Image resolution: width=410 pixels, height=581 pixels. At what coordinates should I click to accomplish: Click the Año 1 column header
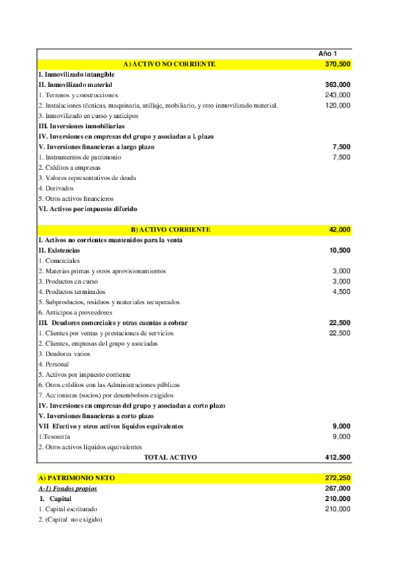pyautogui.click(x=328, y=53)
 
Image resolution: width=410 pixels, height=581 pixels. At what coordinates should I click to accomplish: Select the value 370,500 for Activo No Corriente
pyautogui.click(x=337, y=64)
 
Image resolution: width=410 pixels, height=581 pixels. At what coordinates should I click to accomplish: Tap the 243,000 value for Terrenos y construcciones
pyautogui.click(x=337, y=95)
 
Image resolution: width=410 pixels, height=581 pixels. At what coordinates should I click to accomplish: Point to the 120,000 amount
pyautogui.click(x=337, y=106)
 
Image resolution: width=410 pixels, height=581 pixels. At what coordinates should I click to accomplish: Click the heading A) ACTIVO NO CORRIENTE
pyautogui.click(x=169, y=64)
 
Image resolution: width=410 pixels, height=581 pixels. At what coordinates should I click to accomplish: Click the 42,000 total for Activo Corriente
pyautogui.click(x=339, y=230)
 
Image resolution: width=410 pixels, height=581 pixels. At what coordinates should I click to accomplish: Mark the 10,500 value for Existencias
pyautogui.click(x=339, y=250)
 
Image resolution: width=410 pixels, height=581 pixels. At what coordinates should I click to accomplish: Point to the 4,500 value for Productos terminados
pyautogui.click(x=342, y=291)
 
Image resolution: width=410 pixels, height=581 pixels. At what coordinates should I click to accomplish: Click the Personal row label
pyautogui.click(x=51, y=364)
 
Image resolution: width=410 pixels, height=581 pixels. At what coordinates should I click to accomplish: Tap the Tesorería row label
pyautogui.click(x=55, y=436)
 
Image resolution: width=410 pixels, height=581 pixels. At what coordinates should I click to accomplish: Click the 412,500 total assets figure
pyautogui.click(x=337, y=457)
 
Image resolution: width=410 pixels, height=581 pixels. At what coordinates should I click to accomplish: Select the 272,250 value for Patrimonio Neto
pyautogui.click(x=337, y=478)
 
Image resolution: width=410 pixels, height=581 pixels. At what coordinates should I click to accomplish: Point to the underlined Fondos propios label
pyautogui.click(x=68, y=489)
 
